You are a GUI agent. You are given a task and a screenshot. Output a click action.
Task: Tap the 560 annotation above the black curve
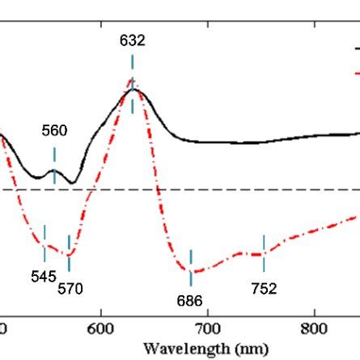(x=55, y=131)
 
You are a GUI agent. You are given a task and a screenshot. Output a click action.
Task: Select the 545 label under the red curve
(x=44, y=276)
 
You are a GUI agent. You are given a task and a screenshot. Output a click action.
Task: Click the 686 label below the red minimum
(x=191, y=300)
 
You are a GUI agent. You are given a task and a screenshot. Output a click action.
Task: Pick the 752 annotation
(x=264, y=288)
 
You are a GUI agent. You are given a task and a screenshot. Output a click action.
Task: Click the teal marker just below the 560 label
(x=54, y=154)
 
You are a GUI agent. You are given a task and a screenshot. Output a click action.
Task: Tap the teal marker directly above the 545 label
(x=44, y=233)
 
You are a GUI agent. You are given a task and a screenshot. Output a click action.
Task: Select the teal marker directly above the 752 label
(x=264, y=244)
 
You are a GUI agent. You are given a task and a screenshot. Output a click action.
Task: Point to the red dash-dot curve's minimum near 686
(x=191, y=273)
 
